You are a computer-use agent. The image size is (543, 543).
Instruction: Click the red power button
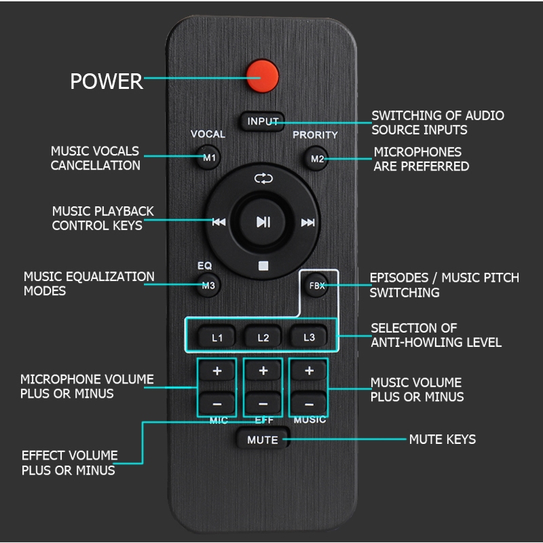[263, 76]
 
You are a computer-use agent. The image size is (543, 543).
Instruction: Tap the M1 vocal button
[209, 159]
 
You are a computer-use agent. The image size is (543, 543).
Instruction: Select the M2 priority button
[317, 160]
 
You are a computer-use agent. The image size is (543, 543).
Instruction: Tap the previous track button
[219, 222]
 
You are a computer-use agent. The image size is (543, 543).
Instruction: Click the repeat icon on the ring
[263, 179]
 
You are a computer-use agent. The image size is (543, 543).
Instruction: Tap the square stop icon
[263, 264]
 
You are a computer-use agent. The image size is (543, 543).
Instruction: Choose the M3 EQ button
[208, 286]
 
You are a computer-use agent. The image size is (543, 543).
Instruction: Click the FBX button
[317, 286]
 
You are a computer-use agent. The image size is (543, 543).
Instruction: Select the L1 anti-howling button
[217, 337]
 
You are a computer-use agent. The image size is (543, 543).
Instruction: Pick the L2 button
[263, 337]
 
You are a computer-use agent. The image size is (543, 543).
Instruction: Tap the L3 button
[309, 337]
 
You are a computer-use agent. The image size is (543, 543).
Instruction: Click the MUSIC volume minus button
[309, 403]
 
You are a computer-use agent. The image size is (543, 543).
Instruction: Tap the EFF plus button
[263, 371]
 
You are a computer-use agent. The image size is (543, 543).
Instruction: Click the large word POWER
[107, 81]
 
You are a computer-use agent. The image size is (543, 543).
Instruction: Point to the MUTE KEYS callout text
[442, 440]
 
